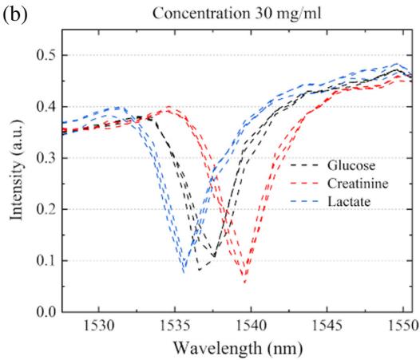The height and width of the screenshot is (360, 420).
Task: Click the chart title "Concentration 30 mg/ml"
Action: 237,13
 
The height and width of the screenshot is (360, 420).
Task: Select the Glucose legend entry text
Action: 351,165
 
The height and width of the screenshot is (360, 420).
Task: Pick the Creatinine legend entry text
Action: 358,184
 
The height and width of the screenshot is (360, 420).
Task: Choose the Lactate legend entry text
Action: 349,201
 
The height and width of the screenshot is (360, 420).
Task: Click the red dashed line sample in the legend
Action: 304,184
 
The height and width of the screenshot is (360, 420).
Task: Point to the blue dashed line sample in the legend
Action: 304,201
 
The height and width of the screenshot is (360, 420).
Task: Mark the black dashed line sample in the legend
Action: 304,165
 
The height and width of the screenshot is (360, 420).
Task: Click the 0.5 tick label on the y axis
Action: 46,55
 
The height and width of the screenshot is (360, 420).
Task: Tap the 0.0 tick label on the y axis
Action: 46,312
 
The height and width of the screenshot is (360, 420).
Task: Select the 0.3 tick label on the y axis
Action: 46,158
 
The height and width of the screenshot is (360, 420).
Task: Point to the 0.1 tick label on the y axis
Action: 46,261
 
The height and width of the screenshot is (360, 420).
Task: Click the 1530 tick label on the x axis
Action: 99,326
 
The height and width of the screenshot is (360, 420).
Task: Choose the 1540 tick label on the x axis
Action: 252,326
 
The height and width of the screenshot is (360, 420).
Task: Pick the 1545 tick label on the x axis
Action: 327,326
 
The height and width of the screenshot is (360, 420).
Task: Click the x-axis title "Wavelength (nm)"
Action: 238,349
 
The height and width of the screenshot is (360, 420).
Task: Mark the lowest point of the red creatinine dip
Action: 244,283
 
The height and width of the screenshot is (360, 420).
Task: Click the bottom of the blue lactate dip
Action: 184,273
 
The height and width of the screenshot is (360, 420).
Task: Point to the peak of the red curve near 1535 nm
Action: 168,107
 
